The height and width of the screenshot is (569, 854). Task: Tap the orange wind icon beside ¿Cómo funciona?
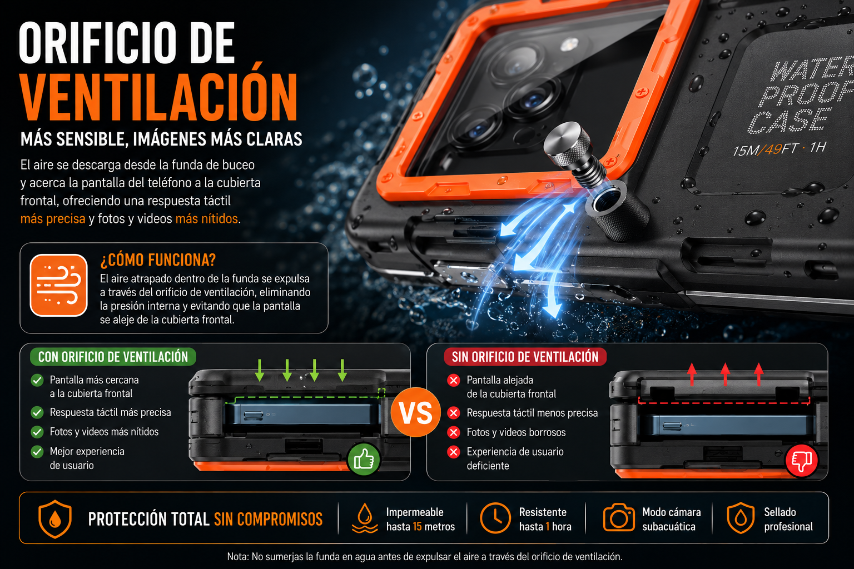click(x=59, y=285)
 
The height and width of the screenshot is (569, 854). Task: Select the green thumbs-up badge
click(x=364, y=459)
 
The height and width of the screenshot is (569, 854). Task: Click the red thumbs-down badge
click(x=801, y=461)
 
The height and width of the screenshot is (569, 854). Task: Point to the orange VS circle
click(x=416, y=412)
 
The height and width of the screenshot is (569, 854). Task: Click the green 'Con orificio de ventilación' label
click(x=113, y=357)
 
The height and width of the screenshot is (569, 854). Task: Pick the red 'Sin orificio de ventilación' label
click(x=525, y=357)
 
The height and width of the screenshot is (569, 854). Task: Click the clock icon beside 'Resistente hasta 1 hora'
click(x=495, y=518)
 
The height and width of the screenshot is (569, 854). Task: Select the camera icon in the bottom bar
click(x=619, y=517)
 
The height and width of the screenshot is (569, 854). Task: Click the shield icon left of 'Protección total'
click(x=55, y=518)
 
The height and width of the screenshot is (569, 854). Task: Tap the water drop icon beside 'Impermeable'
click(x=365, y=518)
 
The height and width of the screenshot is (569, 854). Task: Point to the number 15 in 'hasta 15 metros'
click(x=418, y=527)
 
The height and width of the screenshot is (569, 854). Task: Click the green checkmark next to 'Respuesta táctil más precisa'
click(x=37, y=412)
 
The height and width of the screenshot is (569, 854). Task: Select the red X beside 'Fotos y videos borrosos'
click(x=453, y=432)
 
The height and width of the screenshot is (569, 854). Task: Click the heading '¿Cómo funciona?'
click(x=158, y=260)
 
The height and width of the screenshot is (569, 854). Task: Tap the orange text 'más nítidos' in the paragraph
click(x=207, y=219)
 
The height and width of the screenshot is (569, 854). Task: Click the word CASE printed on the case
click(x=789, y=121)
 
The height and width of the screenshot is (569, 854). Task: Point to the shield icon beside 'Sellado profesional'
click(x=741, y=518)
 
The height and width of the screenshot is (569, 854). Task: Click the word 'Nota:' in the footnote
click(x=238, y=557)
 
